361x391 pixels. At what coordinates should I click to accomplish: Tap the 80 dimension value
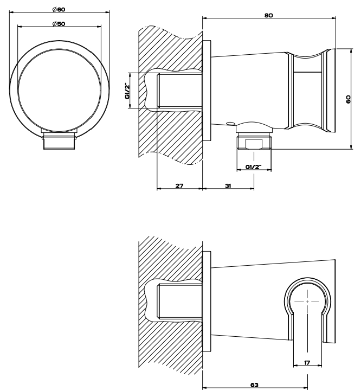pyautogui.click(x=268, y=15)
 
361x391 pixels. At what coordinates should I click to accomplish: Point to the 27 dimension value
pyautogui.click(x=179, y=185)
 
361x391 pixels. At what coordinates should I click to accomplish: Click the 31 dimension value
pyautogui.click(x=228, y=185)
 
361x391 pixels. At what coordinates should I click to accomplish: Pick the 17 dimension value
pyautogui.click(x=308, y=361)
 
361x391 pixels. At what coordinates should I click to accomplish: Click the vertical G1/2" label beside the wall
pyautogui.click(x=127, y=91)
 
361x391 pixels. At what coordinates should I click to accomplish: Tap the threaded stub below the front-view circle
pyautogui.click(x=59, y=143)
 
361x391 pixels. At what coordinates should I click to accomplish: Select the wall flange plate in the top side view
pyautogui.click(x=207, y=91)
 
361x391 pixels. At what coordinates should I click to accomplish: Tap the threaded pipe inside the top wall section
pyautogui.click(x=179, y=91)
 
